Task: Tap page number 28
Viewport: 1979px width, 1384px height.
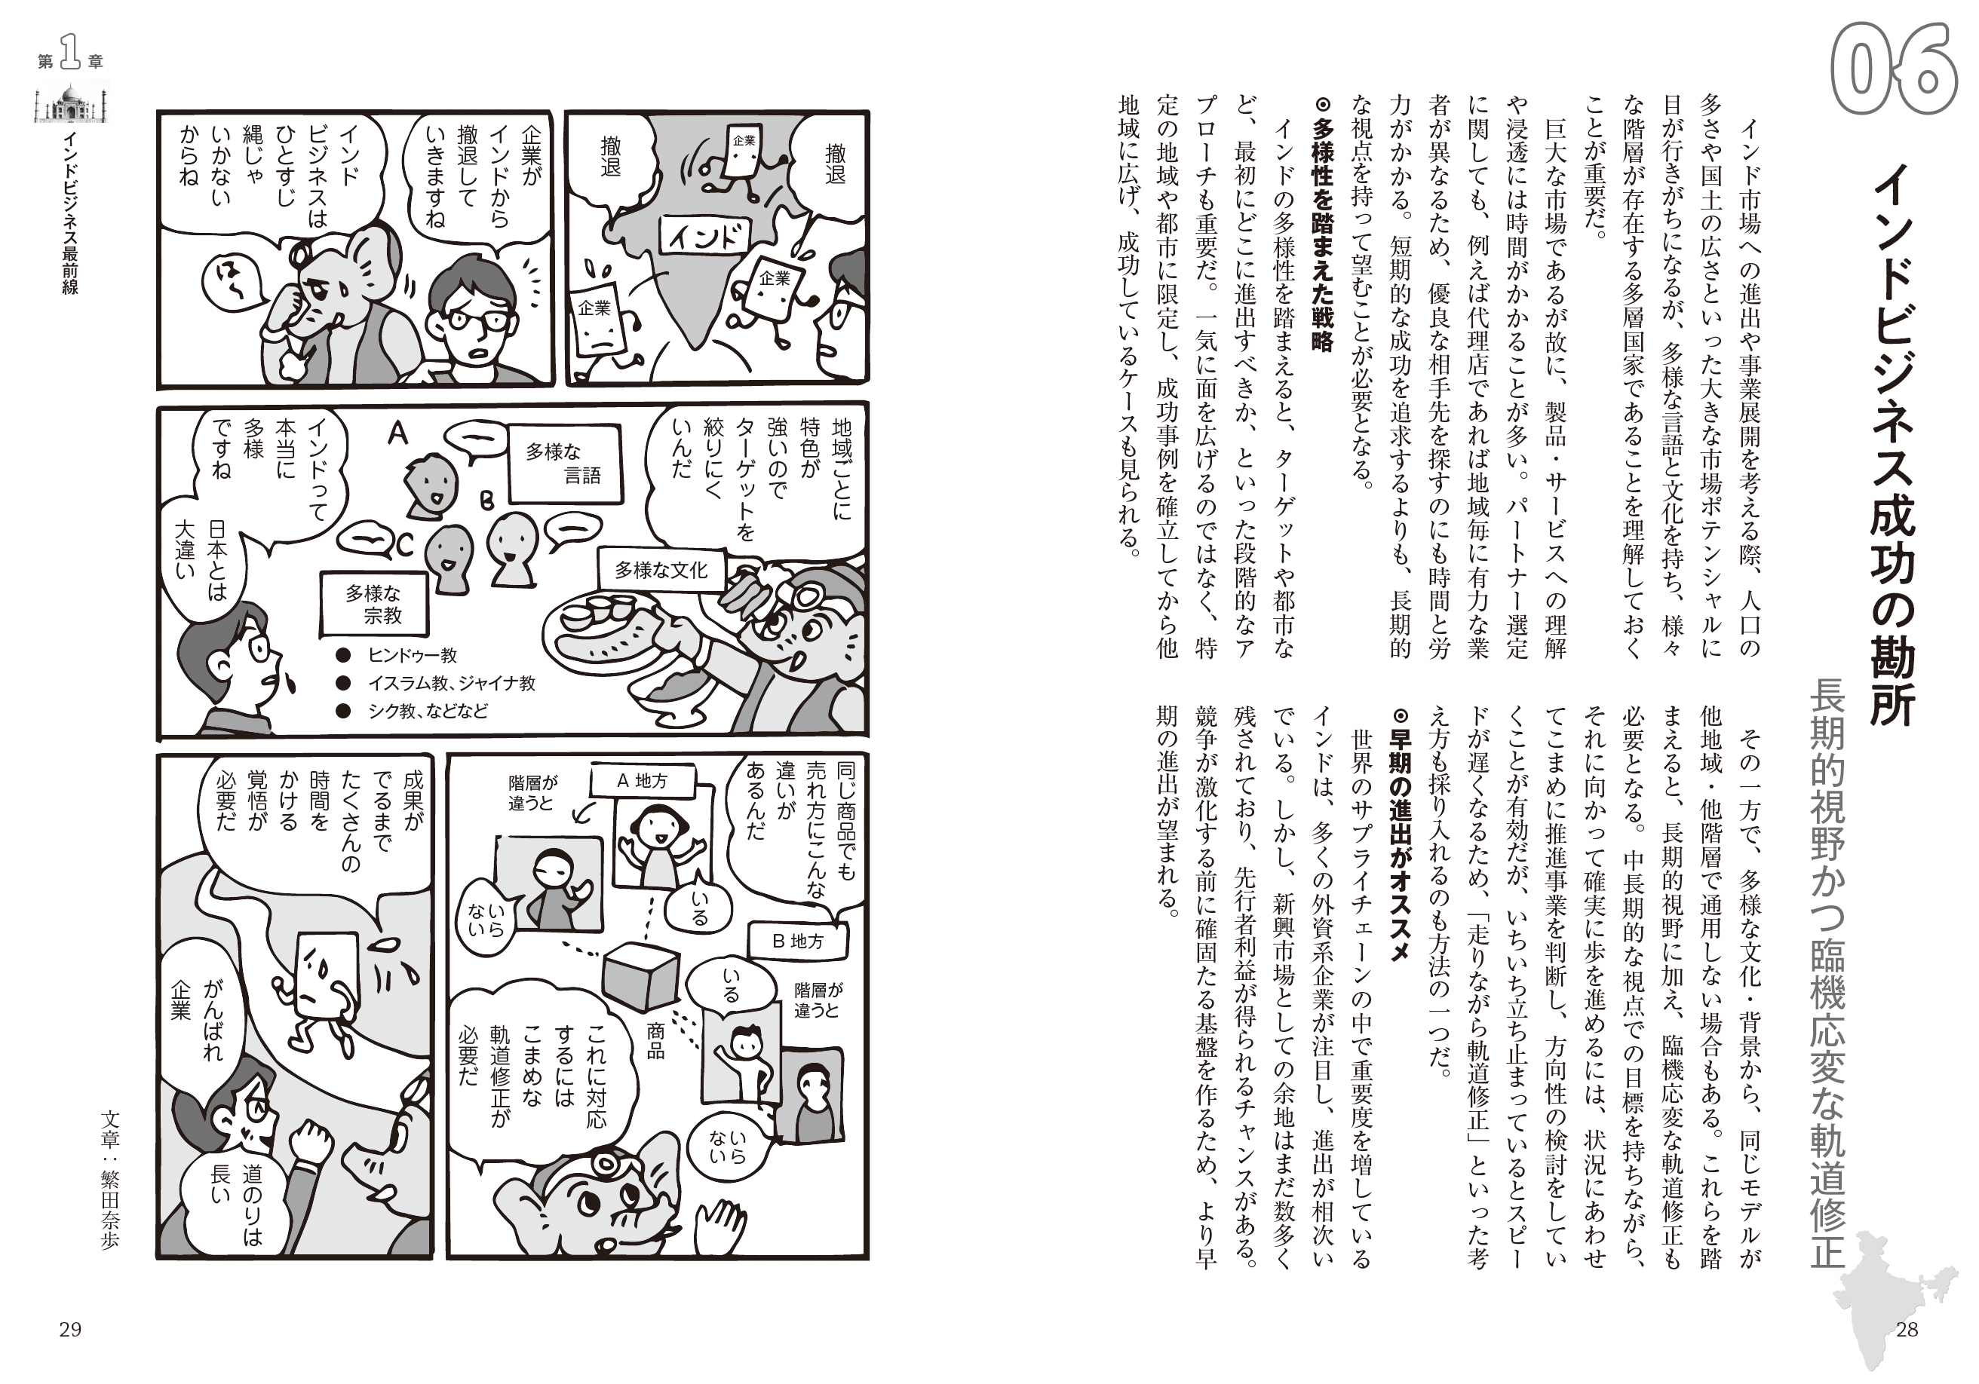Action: (1907, 1330)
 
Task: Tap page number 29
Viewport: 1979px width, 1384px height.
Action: (70, 1330)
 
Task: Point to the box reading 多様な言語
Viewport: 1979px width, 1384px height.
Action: (563, 464)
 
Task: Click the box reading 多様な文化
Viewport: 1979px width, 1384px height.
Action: (661, 570)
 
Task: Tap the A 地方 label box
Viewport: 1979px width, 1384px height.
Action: (642, 781)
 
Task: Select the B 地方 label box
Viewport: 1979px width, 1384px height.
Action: (797, 941)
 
